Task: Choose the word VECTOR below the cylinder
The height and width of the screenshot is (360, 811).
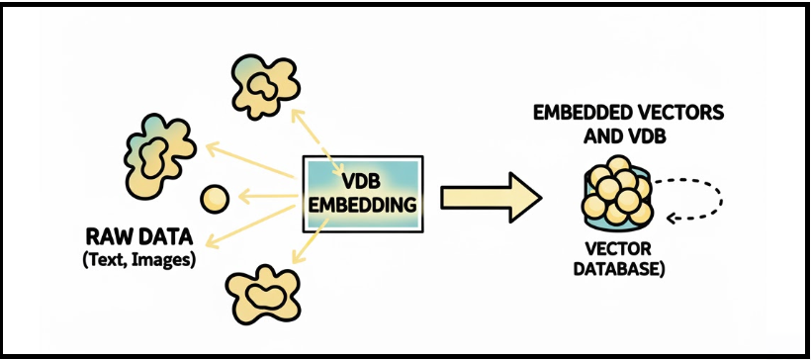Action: (616, 248)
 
